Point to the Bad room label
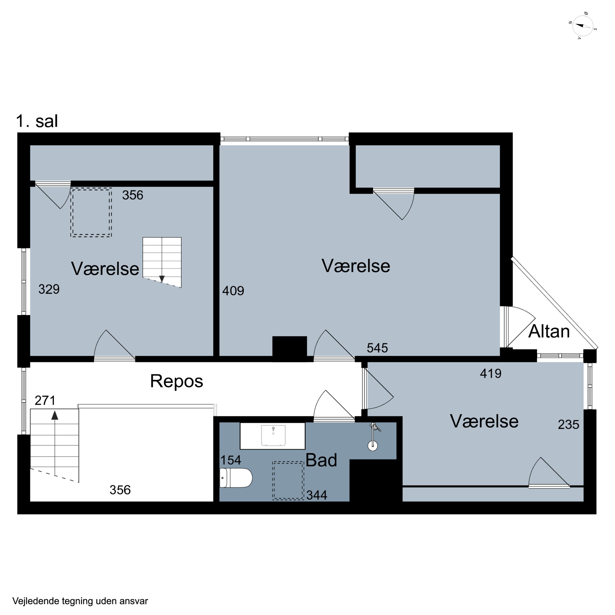(x=321, y=460)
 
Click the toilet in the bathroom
(x=236, y=478)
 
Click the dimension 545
(x=377, y=348)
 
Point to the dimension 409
(x=233, y=291)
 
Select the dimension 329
(x=49, y=289)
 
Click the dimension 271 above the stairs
(x=45, y=400)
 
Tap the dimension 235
(x=568, y=424)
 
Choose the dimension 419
(x=491, y=373)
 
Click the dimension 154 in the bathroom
(x=231, y=460)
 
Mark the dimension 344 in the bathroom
(x=317, y=495)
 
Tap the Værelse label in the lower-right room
(x=484, y=421)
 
